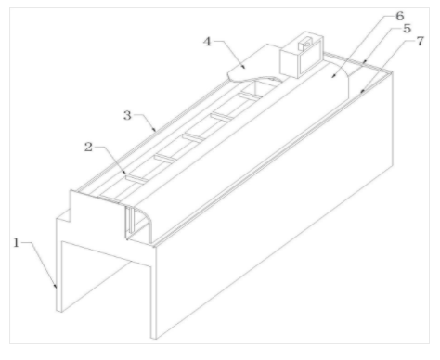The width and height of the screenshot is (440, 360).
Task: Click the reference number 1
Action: click(x=17, y=243)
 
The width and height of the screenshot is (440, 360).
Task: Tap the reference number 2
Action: click(x=88, y=147)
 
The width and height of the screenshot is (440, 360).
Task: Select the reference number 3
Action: click(x=127, y=115)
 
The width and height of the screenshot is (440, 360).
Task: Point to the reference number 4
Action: click(x=207, y=41)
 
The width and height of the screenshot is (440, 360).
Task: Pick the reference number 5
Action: click(x=408, y=29)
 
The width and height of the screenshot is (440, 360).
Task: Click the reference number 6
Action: click(x=400, y=16)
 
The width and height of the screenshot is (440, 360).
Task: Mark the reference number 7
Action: click(x=420, y=41)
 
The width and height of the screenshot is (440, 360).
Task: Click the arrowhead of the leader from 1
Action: click(x=56, y=286)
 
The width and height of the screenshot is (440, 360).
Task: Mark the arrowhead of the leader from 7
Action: click(x=362, y=91)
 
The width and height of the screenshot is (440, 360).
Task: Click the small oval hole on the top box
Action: click(x=307, y=45)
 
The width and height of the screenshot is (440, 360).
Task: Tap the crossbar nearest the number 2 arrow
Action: click(x=137, y=179)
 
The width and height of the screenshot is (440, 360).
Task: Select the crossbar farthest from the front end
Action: click(x=251, y=96)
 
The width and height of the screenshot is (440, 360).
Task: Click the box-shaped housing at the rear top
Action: click(x=302, y=55)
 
